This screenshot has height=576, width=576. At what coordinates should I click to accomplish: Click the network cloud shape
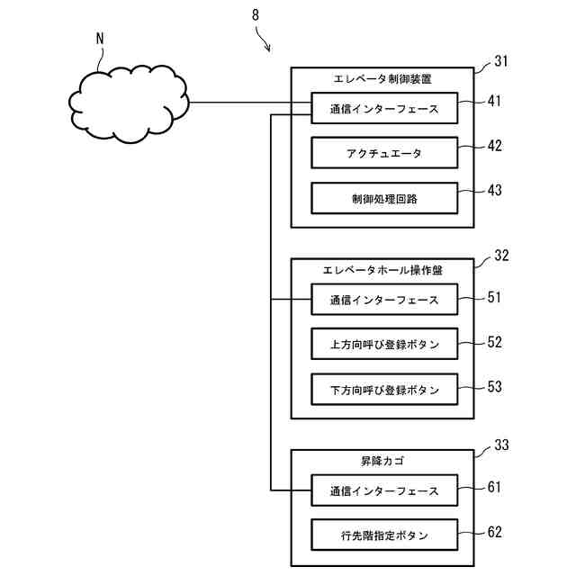(x=129, y=104)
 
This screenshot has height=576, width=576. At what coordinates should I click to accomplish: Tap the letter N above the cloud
(x=100, y=39)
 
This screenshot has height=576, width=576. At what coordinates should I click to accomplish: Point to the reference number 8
(x=256, y=15)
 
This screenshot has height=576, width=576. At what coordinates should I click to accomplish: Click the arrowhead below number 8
(x=268, y=48)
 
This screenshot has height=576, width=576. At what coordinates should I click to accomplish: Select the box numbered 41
(x=384, y=108)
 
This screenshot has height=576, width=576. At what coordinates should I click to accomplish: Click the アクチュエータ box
(x=384, y=153)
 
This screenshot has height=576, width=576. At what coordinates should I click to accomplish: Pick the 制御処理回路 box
(x=384, y=198)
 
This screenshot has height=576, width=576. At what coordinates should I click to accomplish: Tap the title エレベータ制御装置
(x=382, y=79)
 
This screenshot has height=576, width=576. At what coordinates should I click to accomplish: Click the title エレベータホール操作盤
(x=382, y=270)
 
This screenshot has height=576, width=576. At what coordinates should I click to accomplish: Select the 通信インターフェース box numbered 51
(x=384, y=300)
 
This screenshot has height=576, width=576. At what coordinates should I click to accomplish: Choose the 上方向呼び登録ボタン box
(x=384, y=344)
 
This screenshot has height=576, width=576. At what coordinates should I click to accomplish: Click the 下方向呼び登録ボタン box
(x=384, y=390)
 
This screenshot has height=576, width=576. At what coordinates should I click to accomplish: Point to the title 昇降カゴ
(x=382, y=461)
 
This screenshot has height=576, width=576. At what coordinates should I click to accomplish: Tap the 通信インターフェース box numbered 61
(x=384, y=490)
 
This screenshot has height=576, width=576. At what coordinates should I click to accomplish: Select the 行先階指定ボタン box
(x=384, y=535)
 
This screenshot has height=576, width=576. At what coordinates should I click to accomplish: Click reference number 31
(x=501, y=61)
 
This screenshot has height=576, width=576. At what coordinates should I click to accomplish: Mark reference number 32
(x=501, y=256)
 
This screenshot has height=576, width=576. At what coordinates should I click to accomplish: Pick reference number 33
(x=501, y=445)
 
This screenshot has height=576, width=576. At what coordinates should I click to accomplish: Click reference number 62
(x=494, y=532)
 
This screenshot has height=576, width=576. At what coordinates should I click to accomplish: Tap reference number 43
(x=494, y=190)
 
